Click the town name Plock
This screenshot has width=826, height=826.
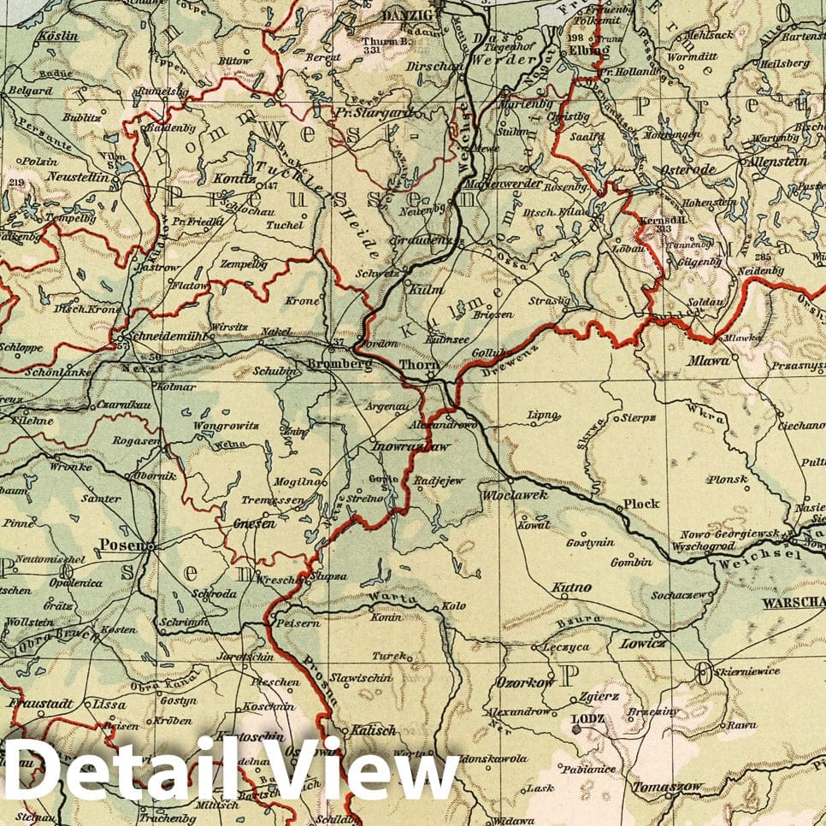(x=640, y=504)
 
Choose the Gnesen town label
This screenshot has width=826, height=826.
(x=255, y=524)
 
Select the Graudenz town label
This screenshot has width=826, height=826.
(x=421, y=240)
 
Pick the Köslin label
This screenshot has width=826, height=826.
(x=58, y=37)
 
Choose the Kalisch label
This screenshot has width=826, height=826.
(x=374, y=731)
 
